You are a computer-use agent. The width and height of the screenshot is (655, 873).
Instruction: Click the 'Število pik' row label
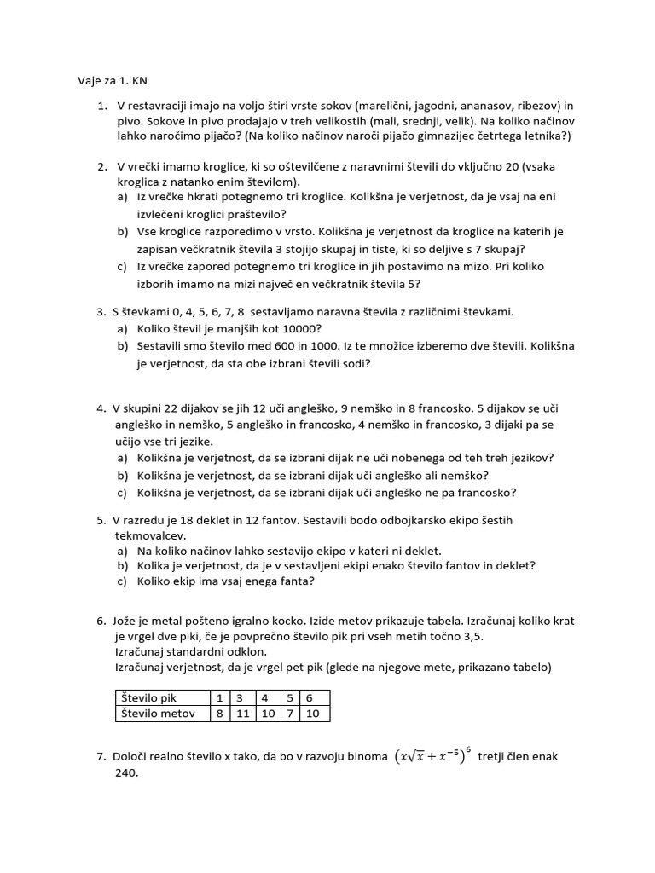tap(152, 697)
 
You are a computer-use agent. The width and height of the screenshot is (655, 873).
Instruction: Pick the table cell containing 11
tap(243, 714)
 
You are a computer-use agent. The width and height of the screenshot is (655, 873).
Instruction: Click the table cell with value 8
tap(219, 714)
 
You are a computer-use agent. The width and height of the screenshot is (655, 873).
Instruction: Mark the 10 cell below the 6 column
tap(312, 714)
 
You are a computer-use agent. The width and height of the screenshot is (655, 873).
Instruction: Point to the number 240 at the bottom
tap(125, 772)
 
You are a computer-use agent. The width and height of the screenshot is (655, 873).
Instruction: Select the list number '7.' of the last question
tap(101, 756)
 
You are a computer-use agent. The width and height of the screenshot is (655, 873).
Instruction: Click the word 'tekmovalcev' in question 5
tap(149, 535)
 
